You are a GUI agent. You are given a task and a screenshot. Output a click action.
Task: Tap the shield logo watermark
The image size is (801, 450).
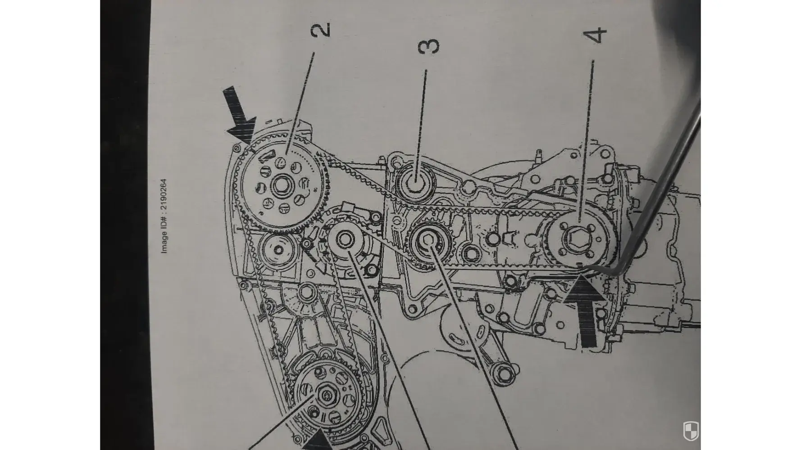[690, 431]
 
